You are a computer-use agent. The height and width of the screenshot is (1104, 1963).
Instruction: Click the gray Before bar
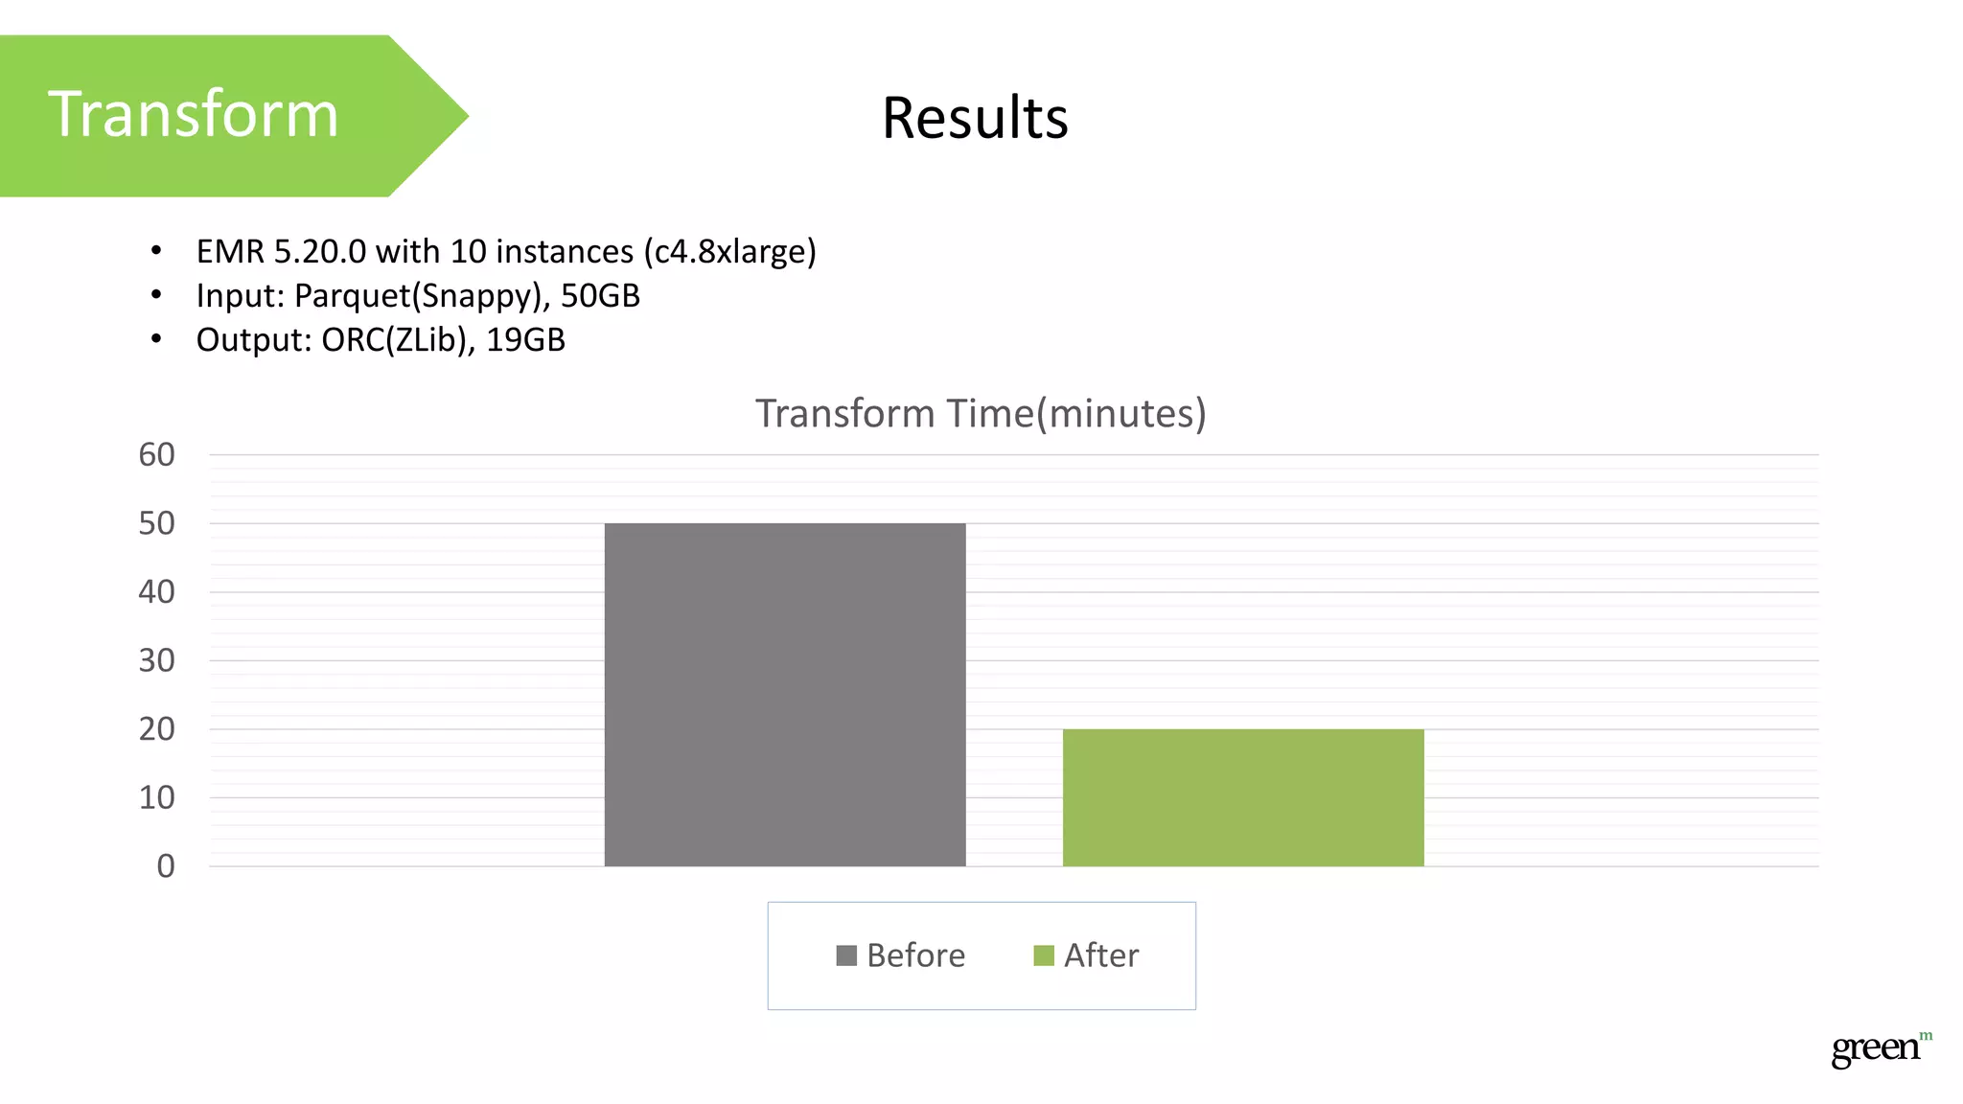click(785, 695)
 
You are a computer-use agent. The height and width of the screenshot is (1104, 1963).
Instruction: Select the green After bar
click(1243, 797)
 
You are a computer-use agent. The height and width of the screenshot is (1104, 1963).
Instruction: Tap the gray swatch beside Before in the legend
click(846, 955)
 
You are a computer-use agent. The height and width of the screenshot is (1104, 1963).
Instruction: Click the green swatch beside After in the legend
click(1044, 955)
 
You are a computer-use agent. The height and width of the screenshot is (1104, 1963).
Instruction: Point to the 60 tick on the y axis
click(157, 454)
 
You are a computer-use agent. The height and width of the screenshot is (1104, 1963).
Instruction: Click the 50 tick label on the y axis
click(157, 523)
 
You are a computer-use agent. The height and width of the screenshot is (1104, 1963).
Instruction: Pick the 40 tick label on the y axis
click(157, 591)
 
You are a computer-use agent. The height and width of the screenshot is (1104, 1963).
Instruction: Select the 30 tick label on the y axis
click(157, 660)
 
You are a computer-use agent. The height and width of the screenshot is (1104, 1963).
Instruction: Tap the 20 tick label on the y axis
click(157, 729)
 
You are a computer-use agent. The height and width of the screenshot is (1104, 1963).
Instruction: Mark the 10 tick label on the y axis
click(157, 797)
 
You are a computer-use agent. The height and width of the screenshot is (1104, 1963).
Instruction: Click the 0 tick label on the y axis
click(166, 866)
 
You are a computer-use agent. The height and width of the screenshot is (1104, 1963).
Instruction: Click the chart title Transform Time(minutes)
click(981, 413)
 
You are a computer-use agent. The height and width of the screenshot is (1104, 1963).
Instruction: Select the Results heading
click(975, 118)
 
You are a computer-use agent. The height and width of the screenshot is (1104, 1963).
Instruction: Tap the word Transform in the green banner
click(194, 114)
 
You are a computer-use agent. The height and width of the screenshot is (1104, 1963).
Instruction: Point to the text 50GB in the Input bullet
click(600, 295)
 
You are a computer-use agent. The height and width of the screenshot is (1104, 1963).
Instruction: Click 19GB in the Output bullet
click(525, 339)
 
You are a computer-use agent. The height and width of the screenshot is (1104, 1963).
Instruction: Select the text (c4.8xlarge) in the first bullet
click(729, 251)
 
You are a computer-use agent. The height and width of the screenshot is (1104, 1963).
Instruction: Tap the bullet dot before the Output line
click(156, 339)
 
